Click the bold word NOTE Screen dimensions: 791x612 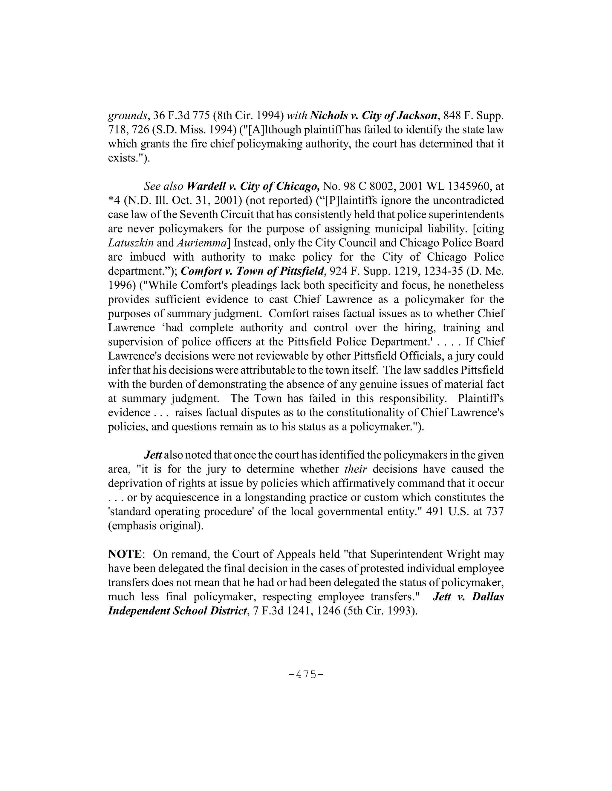click(124, 554)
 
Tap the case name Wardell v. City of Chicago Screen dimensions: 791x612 click(253, 186)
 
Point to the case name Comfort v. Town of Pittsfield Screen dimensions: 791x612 click(252, 271)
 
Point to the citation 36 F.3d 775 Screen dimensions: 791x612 click(182, 116)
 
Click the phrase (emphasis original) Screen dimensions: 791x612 click(155, 526)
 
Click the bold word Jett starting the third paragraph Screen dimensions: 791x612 click(153, 455)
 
